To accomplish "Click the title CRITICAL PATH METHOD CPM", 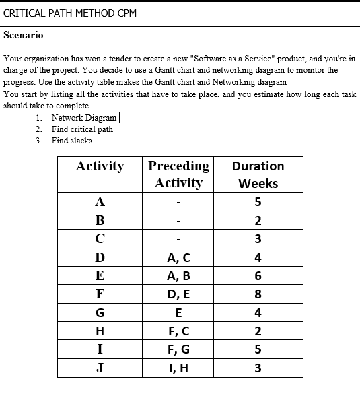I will pos(70,13).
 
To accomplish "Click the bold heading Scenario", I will pos(24,35).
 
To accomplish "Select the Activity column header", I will pos(100,166).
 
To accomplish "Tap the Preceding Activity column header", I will pos(178,174).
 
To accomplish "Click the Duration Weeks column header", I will pos(258,174).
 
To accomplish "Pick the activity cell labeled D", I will pos(100,257).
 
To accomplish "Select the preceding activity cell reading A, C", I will pos(178,257).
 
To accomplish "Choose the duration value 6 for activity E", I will pos(258,275).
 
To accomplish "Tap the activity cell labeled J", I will pos(100,368).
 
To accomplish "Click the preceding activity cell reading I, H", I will pos(178,368).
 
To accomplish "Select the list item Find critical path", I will pos(82,129).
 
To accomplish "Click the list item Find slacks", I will pos(72,141).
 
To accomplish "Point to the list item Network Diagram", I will pos(84,118).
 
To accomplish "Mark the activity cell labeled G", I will pos(100,312).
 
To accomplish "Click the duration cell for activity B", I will pos(258,220).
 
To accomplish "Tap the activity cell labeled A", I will pos(100,202).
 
